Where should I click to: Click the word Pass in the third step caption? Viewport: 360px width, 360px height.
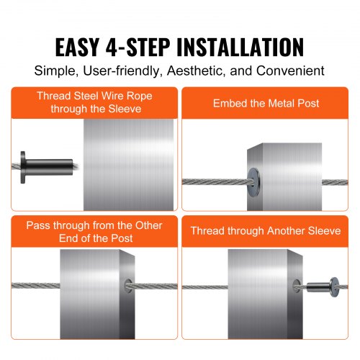point(37,225)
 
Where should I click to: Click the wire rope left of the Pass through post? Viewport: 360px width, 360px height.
point(29,286)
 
